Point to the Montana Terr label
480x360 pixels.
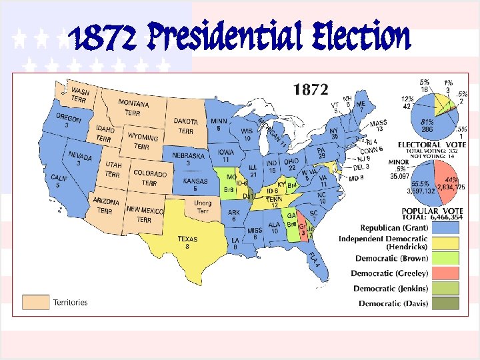(133, 107)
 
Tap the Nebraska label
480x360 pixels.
(188, 159)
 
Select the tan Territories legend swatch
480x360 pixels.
(36, 302)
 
